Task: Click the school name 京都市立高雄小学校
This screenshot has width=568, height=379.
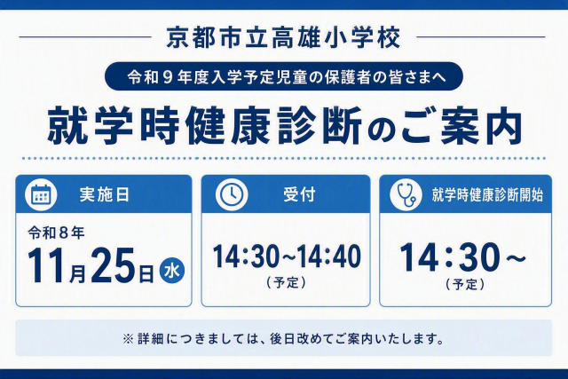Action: pyautogui.click(x=283, y=37)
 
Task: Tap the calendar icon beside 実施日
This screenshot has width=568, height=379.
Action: pyautogui.click(x=41, y=195)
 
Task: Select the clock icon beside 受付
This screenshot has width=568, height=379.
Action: pyautogui.click(x=232, y=194)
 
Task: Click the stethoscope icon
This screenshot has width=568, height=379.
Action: pyautogui.click(x=406, y=194)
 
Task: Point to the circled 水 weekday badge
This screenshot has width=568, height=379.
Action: pyautogui.click(x=172, y=271)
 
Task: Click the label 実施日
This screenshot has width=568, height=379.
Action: pyautogui.click(x=105, y=195)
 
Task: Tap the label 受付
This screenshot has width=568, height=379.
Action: pyautogui.click(x=299, y=194)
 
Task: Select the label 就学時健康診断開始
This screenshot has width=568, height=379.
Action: pyautogui.click(x=487, y=195)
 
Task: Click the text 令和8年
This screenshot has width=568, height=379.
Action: pyautogui.click(x=56, y=233)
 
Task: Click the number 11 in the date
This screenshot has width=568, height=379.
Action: pyautogui.click(x=48, y=266)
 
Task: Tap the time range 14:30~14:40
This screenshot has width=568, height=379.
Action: pyautogui.click(x=287, y=257)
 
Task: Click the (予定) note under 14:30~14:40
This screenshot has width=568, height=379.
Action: pyautogui.click(x=286, y=282)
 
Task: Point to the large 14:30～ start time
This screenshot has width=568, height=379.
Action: pyautogui.click(x=463, y=257)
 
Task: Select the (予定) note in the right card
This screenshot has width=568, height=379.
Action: pyautogui.click(x=465, y=284)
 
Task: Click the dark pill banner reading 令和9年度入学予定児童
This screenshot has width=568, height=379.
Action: pyautogui.click(x=284, y=76)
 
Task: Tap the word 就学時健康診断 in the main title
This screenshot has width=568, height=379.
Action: pyautogui.click(x=205, y=125)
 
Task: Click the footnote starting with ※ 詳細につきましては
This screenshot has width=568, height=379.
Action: pyautogui.click(x=284, y=339)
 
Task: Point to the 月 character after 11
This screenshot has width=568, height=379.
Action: pyautogui.click(x=77, y=274)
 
